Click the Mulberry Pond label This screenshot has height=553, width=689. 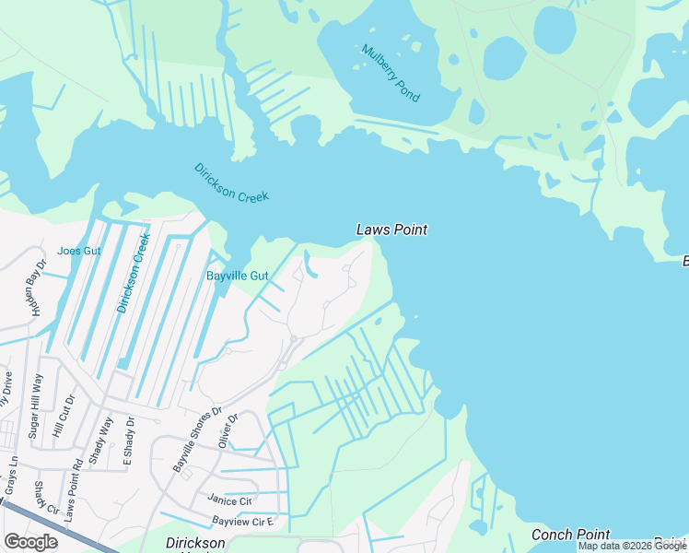(391, 74)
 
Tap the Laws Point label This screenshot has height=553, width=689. (391, 230)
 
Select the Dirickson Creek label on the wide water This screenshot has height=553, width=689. (231, 183)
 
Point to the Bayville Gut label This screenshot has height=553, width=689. (237, 276)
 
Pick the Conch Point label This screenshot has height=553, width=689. (570, 535)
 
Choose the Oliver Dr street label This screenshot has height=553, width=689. (228, 430)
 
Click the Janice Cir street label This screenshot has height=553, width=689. (229, 500)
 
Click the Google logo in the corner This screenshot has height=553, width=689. (30, 542)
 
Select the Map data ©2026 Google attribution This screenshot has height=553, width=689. (633, 546)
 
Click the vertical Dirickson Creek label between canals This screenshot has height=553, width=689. (134, 272)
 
